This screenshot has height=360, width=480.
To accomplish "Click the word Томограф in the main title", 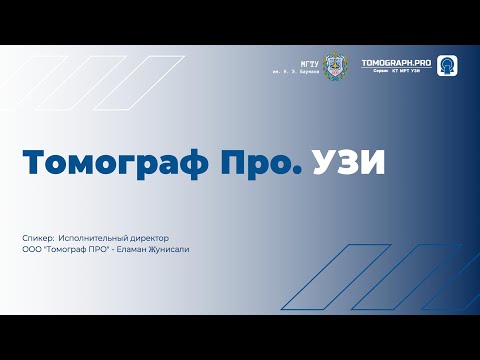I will pyautogui.click(x=108, y=163).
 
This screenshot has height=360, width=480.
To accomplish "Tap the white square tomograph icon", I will pyautogui.click(x=448, y=65).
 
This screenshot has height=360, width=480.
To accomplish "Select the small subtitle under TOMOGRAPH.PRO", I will pyautogui.click(x=400, y=72).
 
